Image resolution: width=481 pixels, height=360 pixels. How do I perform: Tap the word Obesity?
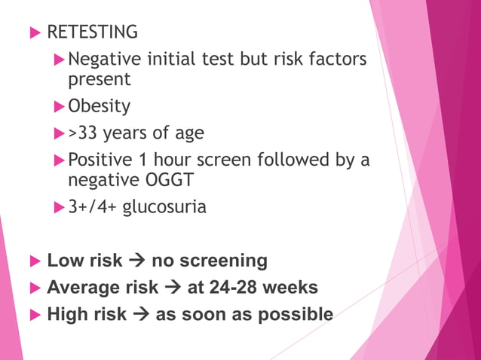click(99, 106)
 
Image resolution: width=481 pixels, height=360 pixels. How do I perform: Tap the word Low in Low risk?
click(63, 261)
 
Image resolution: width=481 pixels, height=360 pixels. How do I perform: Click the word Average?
click(82, 288)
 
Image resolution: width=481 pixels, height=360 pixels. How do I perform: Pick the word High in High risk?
click(66, 314)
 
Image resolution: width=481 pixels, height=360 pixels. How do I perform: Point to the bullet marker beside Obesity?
click(60, 106)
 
